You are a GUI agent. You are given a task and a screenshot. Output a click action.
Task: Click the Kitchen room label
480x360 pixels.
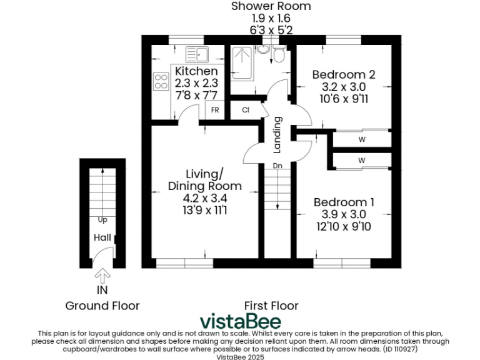click(x=196, y=71)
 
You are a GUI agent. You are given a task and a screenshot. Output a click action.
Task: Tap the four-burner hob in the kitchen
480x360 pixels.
click(x=161, y=81)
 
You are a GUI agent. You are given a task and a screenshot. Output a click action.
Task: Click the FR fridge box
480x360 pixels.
click(x=214, y=110)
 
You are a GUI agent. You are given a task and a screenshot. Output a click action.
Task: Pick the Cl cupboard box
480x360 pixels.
click(x=245, y=110)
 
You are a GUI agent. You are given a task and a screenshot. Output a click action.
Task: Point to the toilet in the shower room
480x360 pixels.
click(x=279, y=55)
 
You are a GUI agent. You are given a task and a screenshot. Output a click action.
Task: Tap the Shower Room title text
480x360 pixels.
click(x=271, y=6)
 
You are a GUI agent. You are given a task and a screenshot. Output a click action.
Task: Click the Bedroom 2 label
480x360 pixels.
click(x=343, y=74)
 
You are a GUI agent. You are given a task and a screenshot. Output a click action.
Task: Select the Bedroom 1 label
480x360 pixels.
click(x=344, y=202)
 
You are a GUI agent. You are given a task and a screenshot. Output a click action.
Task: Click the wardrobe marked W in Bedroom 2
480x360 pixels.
click(x=362, y=139)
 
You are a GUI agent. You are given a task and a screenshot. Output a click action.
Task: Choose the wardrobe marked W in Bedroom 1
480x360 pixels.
click(x=362, y=161)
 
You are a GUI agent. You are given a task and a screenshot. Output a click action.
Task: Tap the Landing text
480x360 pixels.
click(x=277, y=136)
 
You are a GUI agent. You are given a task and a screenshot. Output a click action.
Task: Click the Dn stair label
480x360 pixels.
click(x=276, y=166)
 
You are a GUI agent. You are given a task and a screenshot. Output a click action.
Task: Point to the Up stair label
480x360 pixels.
click(x=102, y=219)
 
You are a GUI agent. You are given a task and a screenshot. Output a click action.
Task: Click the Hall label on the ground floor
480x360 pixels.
click(x=102, y=238)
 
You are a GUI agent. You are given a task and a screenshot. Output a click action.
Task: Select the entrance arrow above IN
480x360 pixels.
click(x=102, y=275)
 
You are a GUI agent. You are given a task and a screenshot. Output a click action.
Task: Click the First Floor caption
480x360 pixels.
click(x=271, y=306)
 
